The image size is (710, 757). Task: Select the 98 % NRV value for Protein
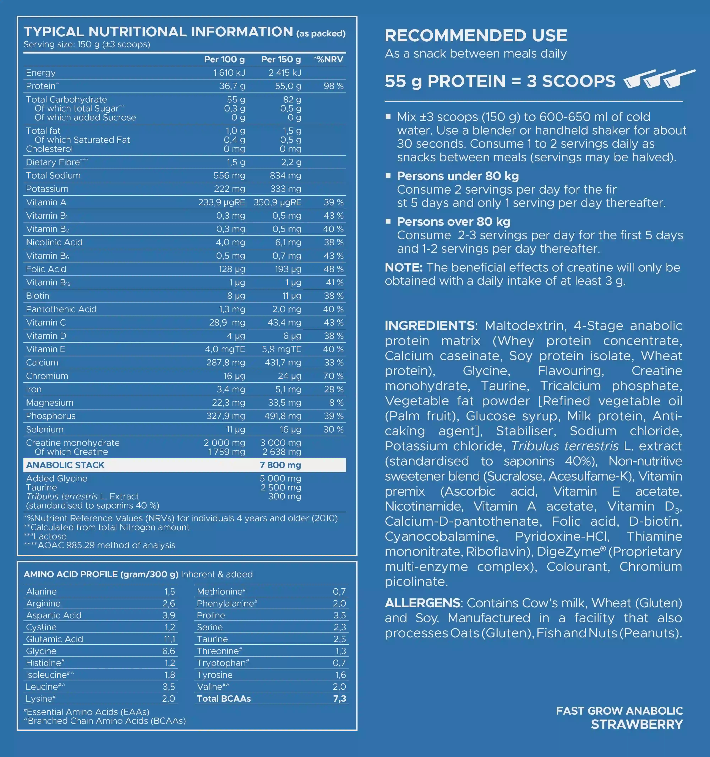click(x=334, y=86)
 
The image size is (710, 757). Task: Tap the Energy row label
click(x=41, y=73)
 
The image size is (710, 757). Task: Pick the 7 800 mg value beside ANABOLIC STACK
click(x=280, y=465)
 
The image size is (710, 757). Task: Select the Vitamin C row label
click(x=46, y=322)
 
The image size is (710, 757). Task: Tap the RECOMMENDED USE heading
click(x=476, y=36)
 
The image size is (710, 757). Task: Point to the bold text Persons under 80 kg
click(x=458, y=176)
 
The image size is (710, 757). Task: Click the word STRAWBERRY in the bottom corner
click(x=637, y=724)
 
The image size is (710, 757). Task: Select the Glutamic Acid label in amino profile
click(x=54, y=639)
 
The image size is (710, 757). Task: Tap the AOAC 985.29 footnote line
click(x=100, y=545)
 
